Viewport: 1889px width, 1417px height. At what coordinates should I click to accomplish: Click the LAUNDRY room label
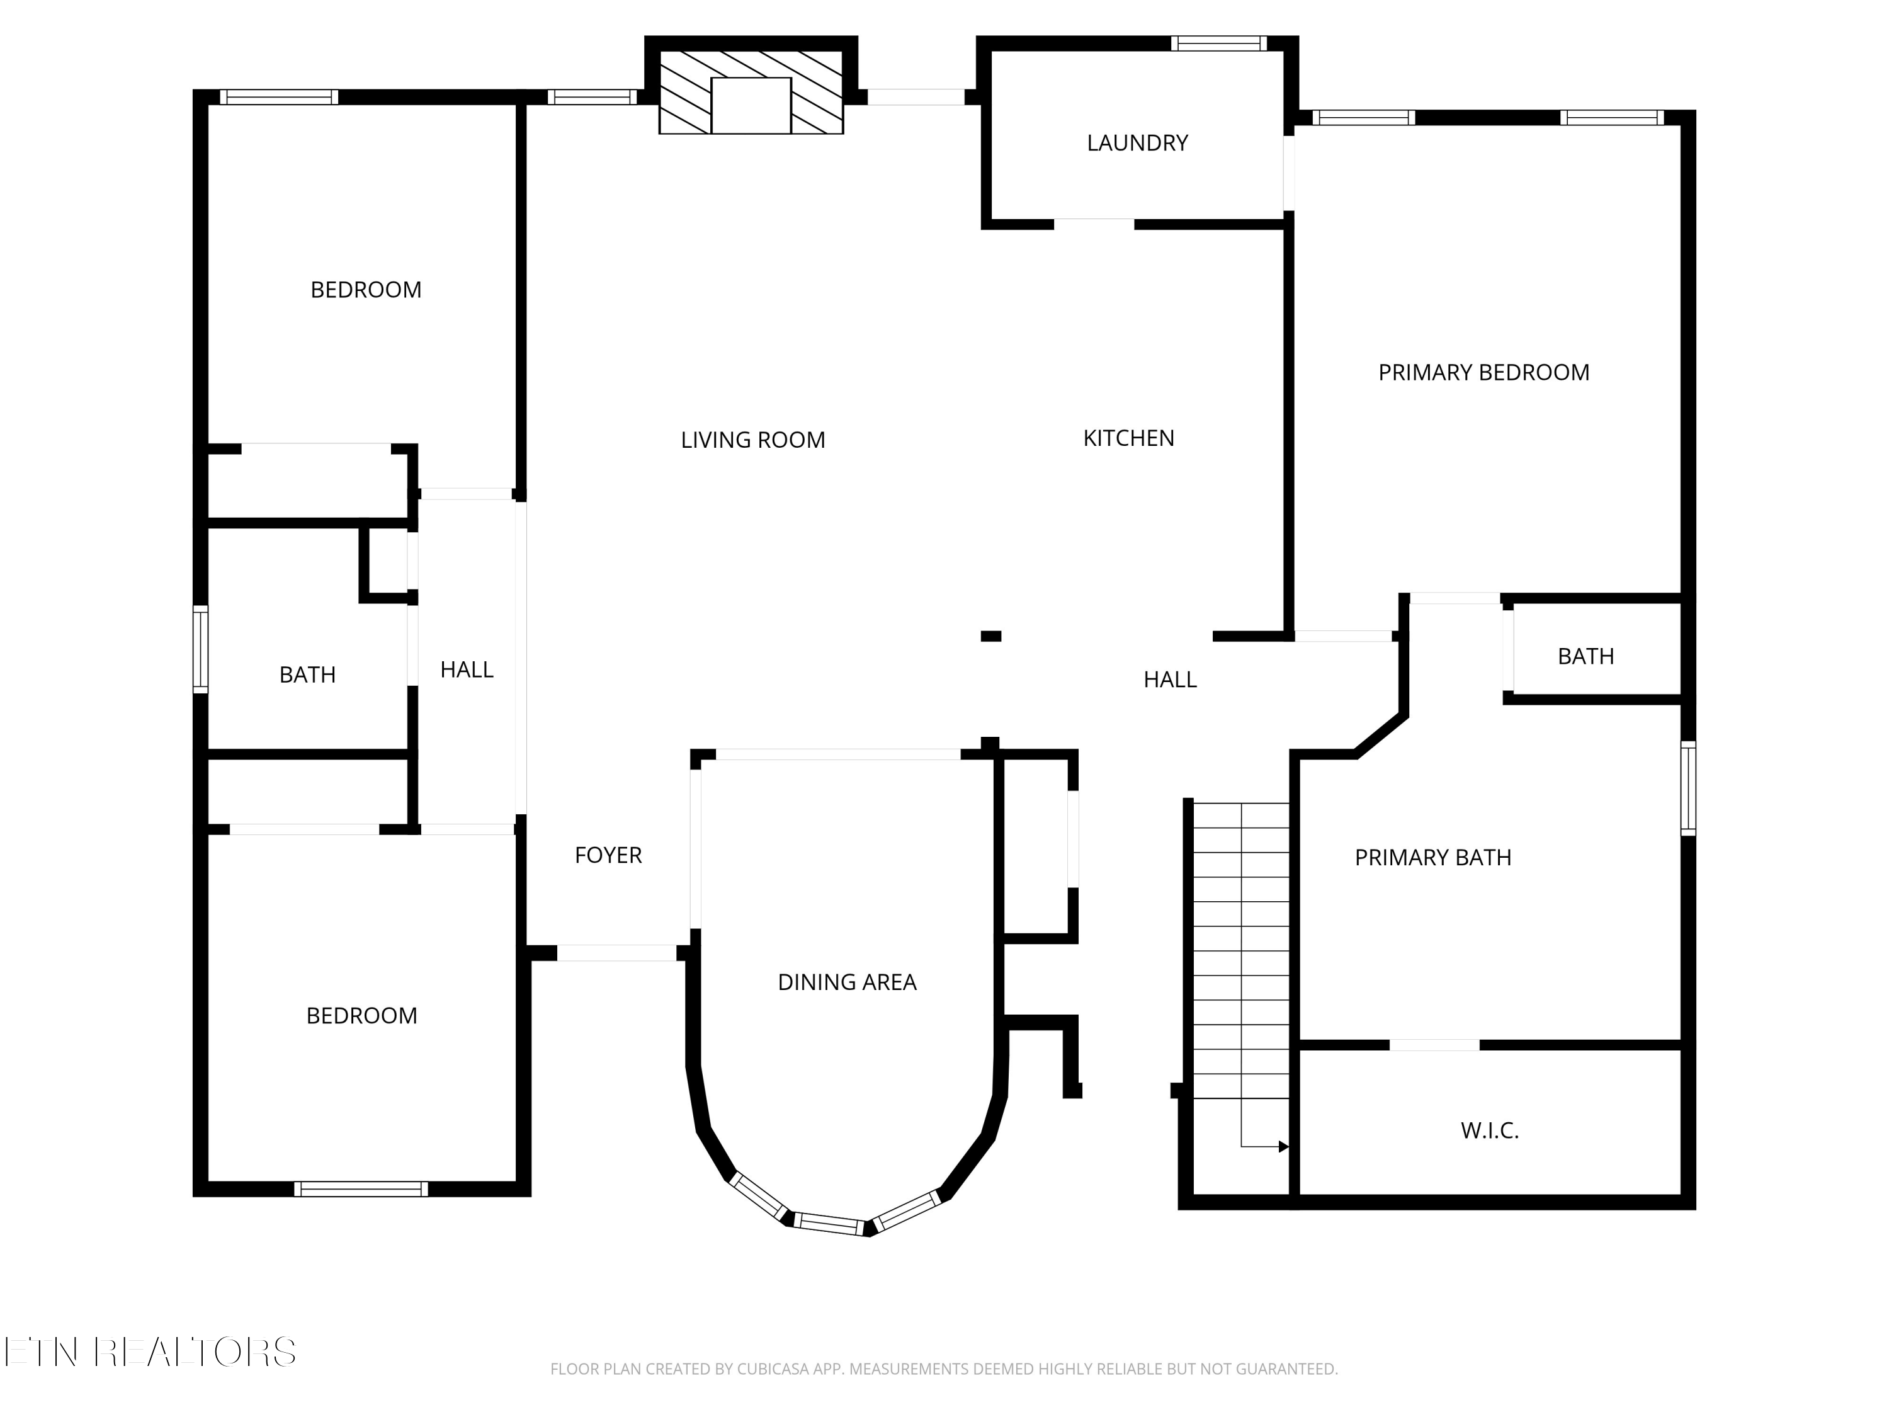(1137, 142)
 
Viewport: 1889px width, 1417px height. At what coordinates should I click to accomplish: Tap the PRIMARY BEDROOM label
(1483, 372)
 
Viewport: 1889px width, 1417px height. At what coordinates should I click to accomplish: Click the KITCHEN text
(1128, 438)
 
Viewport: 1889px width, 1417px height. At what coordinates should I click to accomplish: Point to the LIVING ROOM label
(752, 440)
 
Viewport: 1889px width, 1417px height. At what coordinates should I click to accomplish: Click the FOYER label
(608, 855)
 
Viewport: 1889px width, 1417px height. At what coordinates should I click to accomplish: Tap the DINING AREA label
(846, 982)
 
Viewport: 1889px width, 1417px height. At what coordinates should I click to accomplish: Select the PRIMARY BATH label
(1432, 858)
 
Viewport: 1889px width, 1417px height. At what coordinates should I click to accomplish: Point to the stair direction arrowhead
(1283, 1146)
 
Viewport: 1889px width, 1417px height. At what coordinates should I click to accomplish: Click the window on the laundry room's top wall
(1218, 43)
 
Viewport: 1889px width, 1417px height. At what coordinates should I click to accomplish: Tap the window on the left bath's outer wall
(201, 649)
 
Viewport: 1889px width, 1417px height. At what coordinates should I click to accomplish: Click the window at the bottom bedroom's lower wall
(360, 1189)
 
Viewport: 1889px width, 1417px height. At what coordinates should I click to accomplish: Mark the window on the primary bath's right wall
(1688, 787)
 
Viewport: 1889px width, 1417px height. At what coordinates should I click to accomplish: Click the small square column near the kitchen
(990, 635)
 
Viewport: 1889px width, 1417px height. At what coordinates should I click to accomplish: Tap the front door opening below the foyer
(616, 953)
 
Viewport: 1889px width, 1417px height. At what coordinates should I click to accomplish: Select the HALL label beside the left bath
(467, 669)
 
